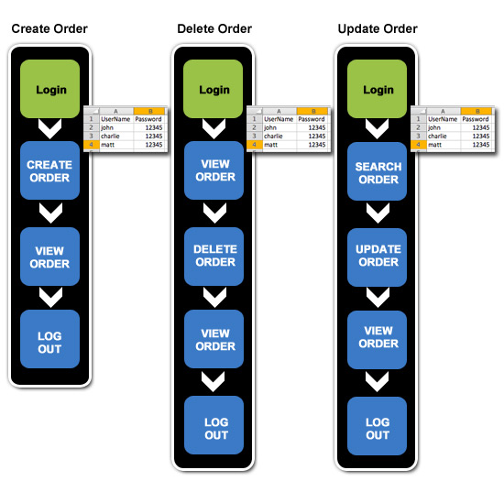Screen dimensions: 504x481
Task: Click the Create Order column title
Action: (49, 29)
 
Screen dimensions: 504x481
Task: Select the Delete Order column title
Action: (214, 29)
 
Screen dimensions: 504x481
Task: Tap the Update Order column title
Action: (378, 29)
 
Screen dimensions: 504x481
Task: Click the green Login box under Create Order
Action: (49, 89)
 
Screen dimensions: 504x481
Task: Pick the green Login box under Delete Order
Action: (214, 89)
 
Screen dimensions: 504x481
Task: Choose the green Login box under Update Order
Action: (377, 89)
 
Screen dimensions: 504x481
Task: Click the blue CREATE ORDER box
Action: (49, 170)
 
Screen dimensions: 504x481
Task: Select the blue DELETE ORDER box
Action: (214, 257)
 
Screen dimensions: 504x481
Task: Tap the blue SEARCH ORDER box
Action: (377, 171)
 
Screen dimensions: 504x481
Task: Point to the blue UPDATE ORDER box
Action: (377, 257)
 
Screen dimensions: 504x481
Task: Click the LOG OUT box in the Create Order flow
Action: (49, 339)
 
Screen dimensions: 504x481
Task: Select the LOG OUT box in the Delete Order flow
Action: (214, 425)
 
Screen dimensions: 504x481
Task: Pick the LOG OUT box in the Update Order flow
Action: (377, 426)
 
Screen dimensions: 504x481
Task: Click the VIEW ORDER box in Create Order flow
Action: (49, 257)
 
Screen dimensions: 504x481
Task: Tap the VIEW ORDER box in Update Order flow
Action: (377, 340)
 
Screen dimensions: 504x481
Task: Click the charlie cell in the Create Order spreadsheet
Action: (110, 137)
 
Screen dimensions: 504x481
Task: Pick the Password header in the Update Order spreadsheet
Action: (476, 119)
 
